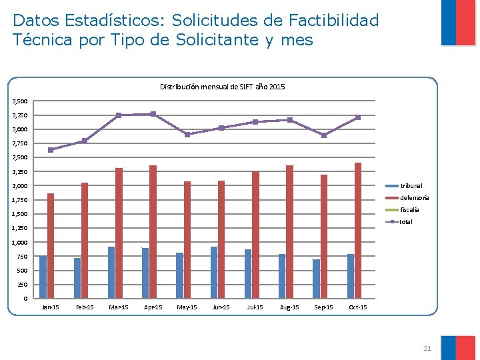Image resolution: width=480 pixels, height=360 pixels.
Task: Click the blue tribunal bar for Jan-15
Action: click(x=43, y=277)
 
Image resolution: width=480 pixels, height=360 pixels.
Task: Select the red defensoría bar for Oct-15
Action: click(x=358, y=231)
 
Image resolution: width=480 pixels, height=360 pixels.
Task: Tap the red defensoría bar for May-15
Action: click(x=187, y=240)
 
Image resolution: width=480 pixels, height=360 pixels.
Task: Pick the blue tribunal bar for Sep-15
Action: click(x=316, y=279)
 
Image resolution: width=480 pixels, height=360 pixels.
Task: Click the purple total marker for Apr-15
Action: click(x=153, y=114)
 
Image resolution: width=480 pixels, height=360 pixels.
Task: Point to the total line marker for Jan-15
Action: click(x=51, y=150)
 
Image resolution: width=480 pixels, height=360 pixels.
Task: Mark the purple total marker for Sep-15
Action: click(x=324, y=135)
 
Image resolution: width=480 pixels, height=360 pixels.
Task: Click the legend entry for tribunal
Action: click(x=404, y=186)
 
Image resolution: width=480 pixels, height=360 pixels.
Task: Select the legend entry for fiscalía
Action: click(x=402, y=210)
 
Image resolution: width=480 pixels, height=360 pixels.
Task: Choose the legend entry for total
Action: click(x=399, y=221)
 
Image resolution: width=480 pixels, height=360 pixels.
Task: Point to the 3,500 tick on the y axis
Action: click(x=19, y=101)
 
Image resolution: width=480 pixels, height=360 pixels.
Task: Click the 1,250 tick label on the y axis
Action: click(x=19, y=228)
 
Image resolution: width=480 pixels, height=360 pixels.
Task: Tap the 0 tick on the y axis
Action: click(x=25, y=299)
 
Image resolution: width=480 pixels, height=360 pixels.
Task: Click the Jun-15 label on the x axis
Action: click(x=221, y=307)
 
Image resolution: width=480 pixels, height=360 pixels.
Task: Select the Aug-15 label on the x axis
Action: click(x=289, y=307)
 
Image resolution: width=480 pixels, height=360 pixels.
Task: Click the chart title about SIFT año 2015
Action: click(x=222, y=87)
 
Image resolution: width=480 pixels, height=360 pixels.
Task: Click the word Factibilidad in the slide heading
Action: click(x=333, y=20)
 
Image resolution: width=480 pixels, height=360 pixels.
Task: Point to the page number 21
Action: click(x=427, y=348)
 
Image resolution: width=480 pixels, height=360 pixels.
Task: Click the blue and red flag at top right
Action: click(x=458, y=23)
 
